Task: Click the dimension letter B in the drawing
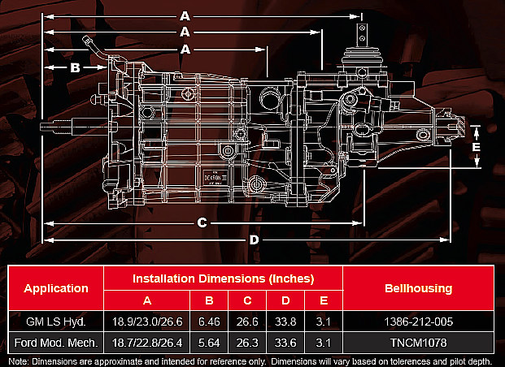[75, 67]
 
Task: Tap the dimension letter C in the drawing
[202, 222]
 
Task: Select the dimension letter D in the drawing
[254, 240]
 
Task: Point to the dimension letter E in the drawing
[476, 147]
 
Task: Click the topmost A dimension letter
[185, 16]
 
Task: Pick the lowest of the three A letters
[185, 50]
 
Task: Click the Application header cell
[56, 288]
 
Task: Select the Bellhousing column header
[418, 288]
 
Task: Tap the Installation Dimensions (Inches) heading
[223, 278]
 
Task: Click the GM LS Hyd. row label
[56, 322]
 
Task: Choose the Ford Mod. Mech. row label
[56, 343]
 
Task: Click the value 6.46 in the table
[209, 322]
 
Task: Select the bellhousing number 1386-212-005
[418, 322]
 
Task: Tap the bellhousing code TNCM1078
[418, 343]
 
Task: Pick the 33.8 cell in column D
[285, 322]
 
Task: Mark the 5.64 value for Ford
[209, 343]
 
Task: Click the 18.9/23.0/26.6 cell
[147, 322]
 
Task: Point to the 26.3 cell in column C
[247, 343]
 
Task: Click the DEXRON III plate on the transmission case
[215, 178]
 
